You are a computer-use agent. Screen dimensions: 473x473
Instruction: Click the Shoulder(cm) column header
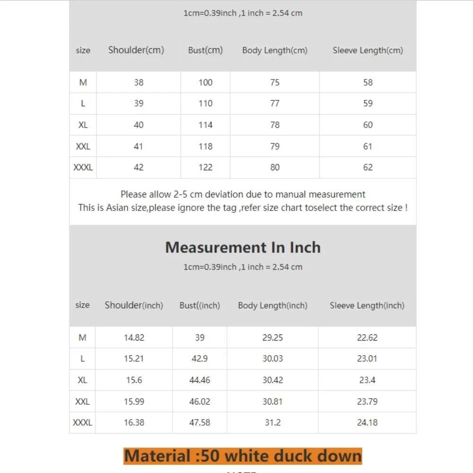point(136,50)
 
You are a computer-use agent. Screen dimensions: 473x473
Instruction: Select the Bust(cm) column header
point(205,50)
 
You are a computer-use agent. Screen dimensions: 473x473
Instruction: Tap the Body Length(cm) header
point(274,50)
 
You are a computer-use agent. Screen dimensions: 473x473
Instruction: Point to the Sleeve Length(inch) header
point(367,306)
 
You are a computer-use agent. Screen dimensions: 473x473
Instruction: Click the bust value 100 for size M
point(205,82)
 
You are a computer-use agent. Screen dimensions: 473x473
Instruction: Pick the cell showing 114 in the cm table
point(205,125)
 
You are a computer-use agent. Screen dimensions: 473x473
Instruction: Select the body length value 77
point(274,104)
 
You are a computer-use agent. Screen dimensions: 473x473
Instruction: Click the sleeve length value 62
point(368,167)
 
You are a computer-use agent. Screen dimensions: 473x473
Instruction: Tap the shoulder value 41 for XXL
point(138,146)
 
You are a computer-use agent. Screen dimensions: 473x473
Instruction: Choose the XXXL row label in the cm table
point(83,167)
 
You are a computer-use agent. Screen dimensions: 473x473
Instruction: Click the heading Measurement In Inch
point(243,247)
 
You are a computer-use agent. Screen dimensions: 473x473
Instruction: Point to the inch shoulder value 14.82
point(134,338)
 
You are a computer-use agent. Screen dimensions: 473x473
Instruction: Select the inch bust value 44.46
point(200,380)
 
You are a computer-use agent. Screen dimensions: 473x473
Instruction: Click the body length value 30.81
point(272,402)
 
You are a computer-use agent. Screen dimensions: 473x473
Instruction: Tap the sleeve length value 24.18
point(367,422)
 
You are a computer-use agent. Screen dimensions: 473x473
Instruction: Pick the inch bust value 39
point(200,338)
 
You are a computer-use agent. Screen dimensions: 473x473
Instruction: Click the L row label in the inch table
point(82,359)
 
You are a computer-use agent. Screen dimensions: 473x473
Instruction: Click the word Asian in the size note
point(117,208)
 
